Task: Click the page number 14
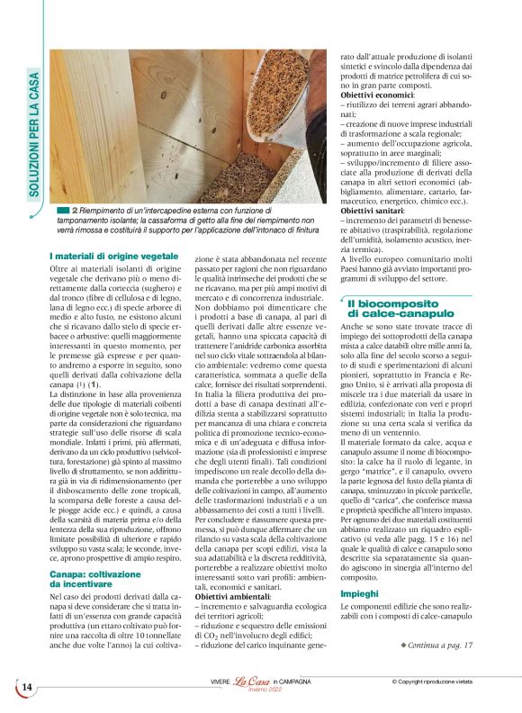coord(26,687)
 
